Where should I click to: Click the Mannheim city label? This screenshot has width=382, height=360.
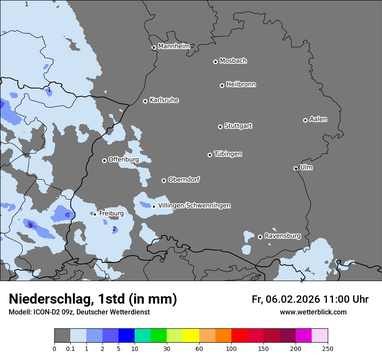174,46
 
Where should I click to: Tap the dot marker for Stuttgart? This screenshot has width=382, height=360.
220,127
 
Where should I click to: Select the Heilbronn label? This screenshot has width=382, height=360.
241,85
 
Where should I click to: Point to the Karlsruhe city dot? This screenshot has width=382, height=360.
145,101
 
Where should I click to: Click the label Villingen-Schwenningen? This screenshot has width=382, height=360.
194,206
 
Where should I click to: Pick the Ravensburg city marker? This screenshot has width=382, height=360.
260,237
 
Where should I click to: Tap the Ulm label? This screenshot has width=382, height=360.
306,167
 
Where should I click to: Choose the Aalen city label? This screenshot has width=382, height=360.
318,119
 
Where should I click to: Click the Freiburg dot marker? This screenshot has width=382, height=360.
95,214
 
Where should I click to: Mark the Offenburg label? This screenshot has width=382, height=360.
124,160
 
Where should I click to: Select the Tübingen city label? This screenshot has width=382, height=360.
228,154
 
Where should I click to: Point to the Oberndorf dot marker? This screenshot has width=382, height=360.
164,180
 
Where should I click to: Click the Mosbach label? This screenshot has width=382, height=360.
233,61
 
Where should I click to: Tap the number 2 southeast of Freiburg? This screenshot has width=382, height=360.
114,229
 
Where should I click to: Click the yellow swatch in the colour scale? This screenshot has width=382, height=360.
191,336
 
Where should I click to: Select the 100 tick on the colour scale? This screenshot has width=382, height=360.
231,348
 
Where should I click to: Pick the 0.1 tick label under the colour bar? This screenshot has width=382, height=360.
70,348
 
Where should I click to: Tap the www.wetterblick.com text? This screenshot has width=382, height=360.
313,312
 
